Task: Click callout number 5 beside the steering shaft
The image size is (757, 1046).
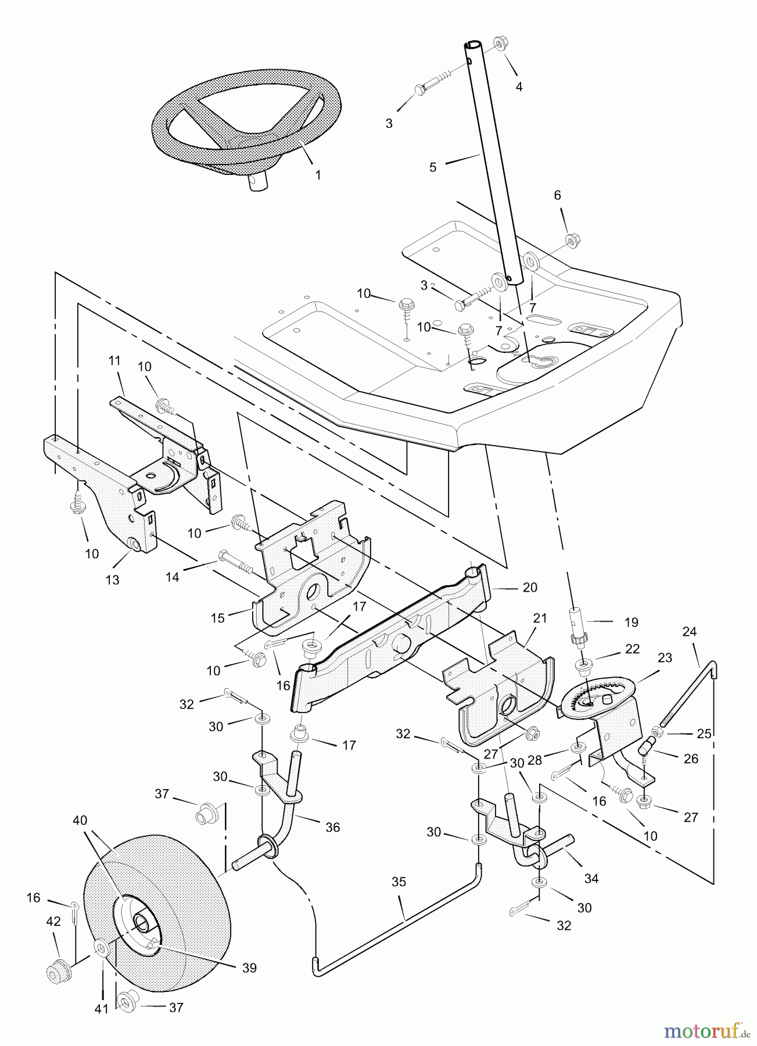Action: pyautogui.click(x=433, y=167)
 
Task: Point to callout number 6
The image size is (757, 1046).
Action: pyautogui.click(x=558, y=195)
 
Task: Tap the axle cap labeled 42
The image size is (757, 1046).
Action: pyautogui.click(x=59, y=970)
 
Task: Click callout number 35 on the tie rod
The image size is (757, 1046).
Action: pyautogui.click(x=399, y=882)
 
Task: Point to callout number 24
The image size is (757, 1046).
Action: pyautogui.click(x=690, y=631)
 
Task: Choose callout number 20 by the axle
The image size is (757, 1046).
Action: pyautogui.click(x=530, y=588)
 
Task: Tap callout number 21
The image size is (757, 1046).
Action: pyautogui.click(x=540, y=618)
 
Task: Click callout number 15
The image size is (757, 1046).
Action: pyautogui.click(x=218, y=618)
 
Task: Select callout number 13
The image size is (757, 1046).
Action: pyautogui.click(x=112, y=579)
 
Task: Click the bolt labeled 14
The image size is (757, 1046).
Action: pyautogui.click(x=234, y=562)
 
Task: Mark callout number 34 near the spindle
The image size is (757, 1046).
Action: pyautogui.click(x=591, y=879)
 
